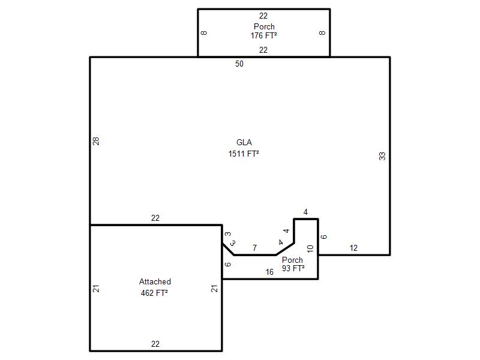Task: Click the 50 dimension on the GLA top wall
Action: tap(239, 64)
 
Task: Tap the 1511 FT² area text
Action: tap(244, 154)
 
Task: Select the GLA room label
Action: tap(244, 142)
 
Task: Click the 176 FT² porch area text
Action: tap(263, 35)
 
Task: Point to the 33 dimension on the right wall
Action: tap(382, 156)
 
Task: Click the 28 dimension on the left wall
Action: tap(96, 141)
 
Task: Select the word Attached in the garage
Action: tap(155, 281)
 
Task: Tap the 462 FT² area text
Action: tap(154, 293)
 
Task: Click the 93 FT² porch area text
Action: tap(293, 268)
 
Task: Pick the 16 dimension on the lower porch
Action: tap(269, 272)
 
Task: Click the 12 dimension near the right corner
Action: tap(353, 248)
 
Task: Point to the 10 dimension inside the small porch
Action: tap(310, 248)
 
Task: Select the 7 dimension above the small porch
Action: tap(254, 248)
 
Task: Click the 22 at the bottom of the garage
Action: tap(155, 344)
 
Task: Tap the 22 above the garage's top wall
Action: tap(155, 218)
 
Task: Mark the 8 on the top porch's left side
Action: tap(204, 33)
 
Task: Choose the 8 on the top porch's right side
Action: tap(322, 33)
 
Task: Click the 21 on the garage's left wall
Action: tap(96, 289)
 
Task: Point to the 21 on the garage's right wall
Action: tap(214, 289)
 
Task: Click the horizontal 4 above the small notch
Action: tap(305, 212)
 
